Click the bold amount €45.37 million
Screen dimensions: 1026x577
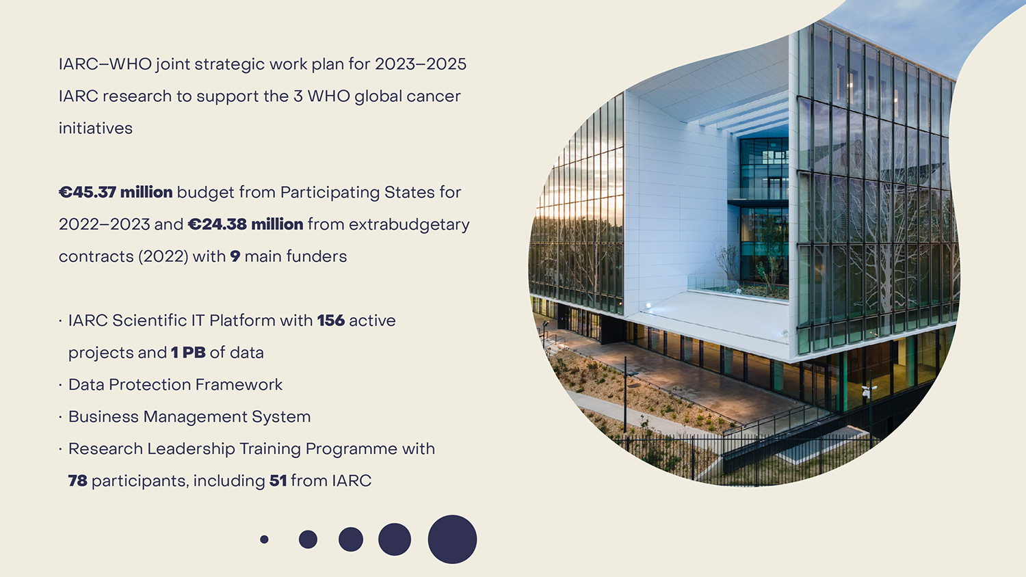[116, 192]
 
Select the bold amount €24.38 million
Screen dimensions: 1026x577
[246, 224]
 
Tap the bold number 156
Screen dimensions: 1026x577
[330, 321]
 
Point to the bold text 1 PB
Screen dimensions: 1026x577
[188, 353]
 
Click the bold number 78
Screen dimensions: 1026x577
[77, 481]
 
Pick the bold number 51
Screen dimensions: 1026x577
[278, 481]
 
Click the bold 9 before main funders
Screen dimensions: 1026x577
[235, 256]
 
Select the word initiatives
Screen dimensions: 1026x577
[95, 129]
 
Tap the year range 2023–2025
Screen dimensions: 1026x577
[421, 64]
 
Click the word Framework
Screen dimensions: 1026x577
[239, 385]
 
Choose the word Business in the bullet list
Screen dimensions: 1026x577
[103, 417]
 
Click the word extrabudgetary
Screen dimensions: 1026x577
[409, 225]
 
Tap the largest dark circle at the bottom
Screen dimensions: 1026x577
[452, 539]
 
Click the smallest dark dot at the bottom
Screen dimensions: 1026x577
[264, 539]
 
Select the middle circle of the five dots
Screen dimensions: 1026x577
[351, 539]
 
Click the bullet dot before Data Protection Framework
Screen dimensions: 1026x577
[60, 386]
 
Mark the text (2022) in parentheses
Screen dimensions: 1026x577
[163, 256]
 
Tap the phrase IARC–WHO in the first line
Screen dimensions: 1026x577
[105, 64]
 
